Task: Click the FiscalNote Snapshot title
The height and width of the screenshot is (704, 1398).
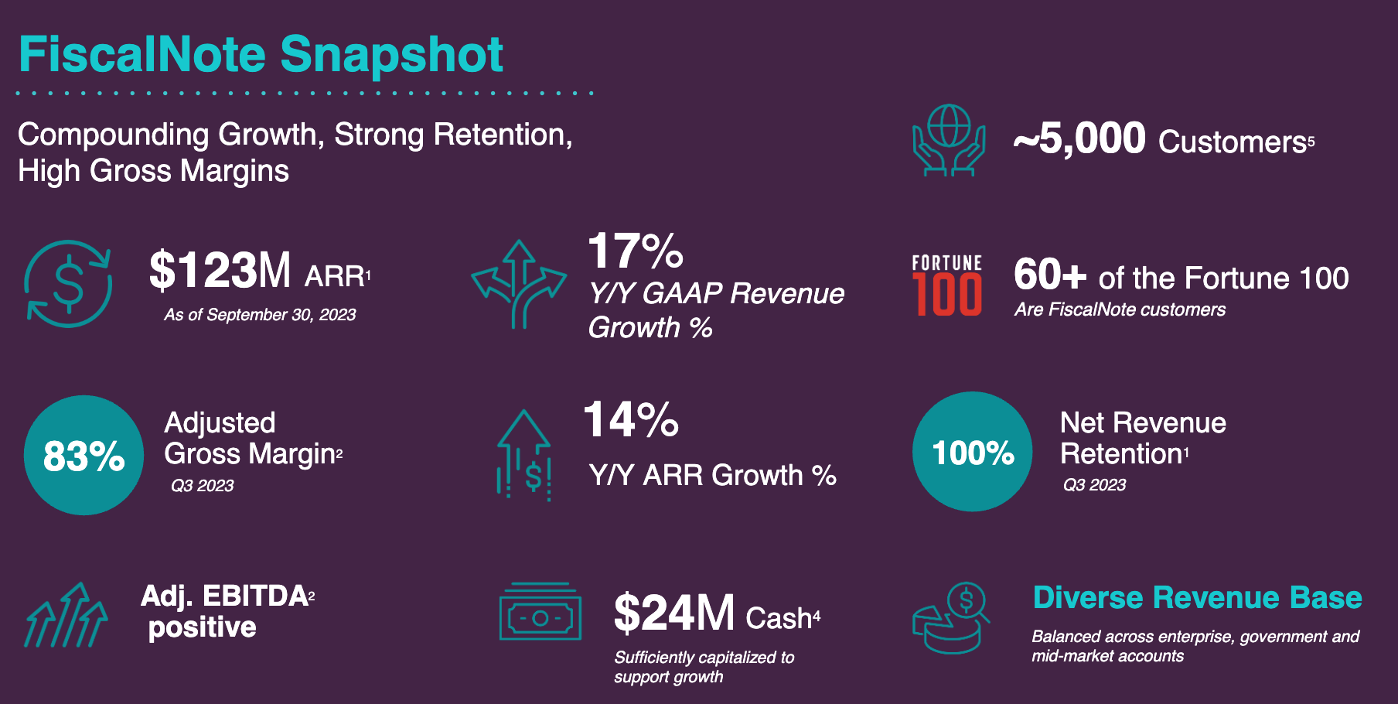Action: (261, 55)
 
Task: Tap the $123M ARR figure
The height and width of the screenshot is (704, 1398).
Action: (220, 271)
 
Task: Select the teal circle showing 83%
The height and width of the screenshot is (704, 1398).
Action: (84, 455)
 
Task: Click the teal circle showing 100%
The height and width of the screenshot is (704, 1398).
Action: (972, 452)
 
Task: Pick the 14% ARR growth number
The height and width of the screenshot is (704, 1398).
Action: (631, 420)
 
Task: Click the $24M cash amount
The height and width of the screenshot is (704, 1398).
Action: (673, 613)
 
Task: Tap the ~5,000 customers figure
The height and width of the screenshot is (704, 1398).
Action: (1079, 139)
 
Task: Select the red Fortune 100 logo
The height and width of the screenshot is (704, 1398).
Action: (946, 285)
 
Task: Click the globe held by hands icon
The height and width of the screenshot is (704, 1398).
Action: (949, 140)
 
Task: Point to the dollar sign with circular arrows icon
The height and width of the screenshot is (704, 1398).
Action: (68, 283)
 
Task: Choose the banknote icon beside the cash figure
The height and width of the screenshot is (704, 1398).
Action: (540, 613)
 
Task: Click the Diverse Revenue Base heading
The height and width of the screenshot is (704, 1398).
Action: (1197, 597)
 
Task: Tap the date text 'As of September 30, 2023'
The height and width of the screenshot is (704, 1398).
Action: (260, 315)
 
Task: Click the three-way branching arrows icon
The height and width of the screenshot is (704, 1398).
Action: (519, 284)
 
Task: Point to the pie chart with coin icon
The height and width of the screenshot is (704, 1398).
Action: (950, 618)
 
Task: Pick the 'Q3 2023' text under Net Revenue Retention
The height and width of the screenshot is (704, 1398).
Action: (1094, 485)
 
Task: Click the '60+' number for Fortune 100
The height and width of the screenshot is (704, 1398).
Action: (1050, 275)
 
